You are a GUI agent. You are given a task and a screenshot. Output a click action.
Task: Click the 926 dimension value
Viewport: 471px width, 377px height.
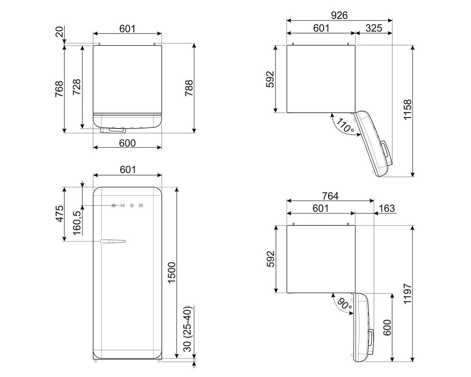[339, 15]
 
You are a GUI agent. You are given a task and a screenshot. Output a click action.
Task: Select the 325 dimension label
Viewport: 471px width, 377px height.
[374, 28]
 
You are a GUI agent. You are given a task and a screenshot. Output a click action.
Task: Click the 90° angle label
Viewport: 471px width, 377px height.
[344, 304]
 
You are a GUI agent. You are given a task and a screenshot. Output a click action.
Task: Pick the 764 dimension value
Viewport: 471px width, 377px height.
[330, 196]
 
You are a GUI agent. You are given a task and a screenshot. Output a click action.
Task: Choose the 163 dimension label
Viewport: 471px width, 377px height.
[387, 208]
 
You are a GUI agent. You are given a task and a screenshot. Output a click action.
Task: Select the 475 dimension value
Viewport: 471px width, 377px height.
[59, 214]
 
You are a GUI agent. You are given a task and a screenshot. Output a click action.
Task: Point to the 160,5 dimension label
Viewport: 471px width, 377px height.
[77, 223]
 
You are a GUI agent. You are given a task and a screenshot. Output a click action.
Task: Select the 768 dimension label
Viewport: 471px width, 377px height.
[59, 89]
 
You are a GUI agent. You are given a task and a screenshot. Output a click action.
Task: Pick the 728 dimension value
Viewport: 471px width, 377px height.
[77, 87]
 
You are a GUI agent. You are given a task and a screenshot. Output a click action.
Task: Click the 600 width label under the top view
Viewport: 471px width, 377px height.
[127, 143]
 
